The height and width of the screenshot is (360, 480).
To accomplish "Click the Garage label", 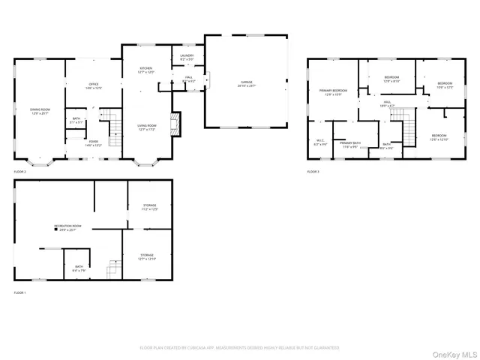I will click(x=246, y=82).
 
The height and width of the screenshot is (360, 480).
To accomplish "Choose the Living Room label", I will click(x=145, y=127).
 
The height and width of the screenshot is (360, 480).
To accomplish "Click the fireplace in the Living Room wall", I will click(x=175, y=124).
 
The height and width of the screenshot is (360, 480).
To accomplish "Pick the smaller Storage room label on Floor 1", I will click(x=150, y=207).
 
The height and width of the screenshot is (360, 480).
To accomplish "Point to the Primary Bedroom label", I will click(x=331, y=91).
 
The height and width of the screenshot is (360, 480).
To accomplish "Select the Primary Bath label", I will click(x=350, y=144).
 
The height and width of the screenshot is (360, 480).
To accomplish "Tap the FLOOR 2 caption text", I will click(x=20, y=172).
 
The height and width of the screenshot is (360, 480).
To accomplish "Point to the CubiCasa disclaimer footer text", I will click(x=239, y=347).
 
